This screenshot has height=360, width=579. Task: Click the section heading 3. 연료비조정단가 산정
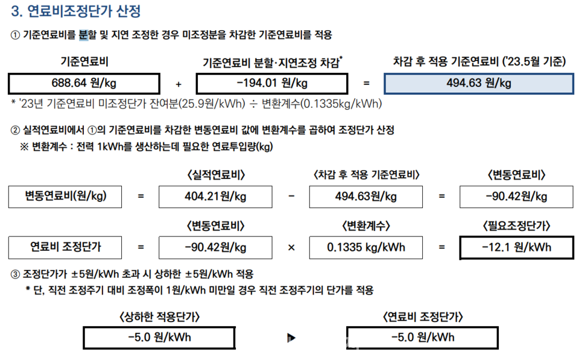76,11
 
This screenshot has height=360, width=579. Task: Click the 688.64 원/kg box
84,83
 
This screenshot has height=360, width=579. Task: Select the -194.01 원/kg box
272,83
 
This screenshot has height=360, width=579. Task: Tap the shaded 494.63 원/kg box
478,83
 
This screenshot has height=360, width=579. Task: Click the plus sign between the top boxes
178,83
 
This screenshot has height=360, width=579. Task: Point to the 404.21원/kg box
215,197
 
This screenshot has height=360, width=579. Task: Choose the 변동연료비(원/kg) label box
65,197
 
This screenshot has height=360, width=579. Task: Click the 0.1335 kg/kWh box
365,247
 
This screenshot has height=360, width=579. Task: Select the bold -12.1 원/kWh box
516,247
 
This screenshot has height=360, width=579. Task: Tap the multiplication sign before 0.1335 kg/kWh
291,247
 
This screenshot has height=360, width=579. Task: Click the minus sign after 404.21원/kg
291,197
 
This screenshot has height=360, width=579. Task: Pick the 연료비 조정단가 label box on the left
65,247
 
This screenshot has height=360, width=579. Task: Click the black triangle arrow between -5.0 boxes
291,338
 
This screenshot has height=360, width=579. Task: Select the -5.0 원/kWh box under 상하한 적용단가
159,337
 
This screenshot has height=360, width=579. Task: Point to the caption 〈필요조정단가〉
516,226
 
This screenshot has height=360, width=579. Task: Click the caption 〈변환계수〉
365,226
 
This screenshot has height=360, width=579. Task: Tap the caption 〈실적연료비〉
215,175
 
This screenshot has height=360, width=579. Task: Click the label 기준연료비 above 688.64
84,62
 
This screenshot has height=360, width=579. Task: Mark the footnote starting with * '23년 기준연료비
196,104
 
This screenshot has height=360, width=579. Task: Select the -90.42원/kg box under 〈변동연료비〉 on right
516,197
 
